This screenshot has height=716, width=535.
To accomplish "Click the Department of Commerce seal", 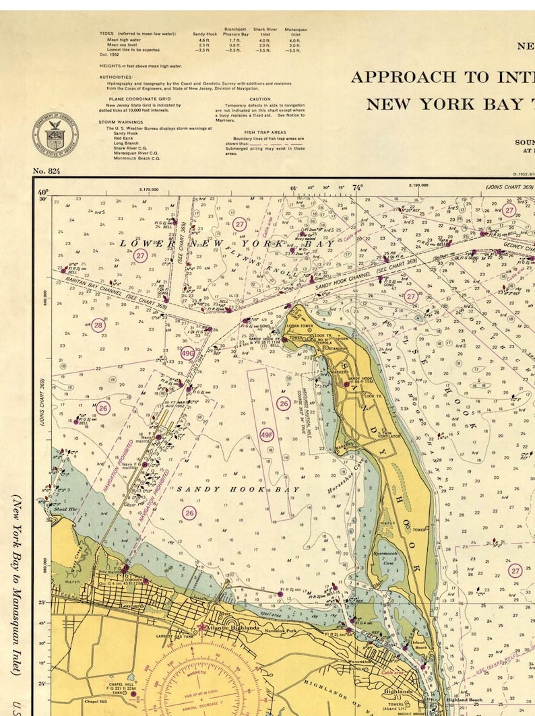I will (x=55, y=133).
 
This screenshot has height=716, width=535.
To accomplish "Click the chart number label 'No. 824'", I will (x=46, y=171).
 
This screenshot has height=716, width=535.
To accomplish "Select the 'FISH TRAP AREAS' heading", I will (x=265, y=133).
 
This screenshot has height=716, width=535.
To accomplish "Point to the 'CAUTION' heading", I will (x=259, y=99).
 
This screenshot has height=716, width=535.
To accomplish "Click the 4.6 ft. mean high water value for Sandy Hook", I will (x=205, y=40).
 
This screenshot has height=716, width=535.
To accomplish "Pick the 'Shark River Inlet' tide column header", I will (x=265, y=32).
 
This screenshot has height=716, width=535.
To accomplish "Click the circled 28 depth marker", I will (x=98, y=325).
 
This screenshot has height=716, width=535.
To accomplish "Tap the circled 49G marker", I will (x=187, y=352).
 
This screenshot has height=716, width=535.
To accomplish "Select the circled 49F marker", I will (x=266, y=434).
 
